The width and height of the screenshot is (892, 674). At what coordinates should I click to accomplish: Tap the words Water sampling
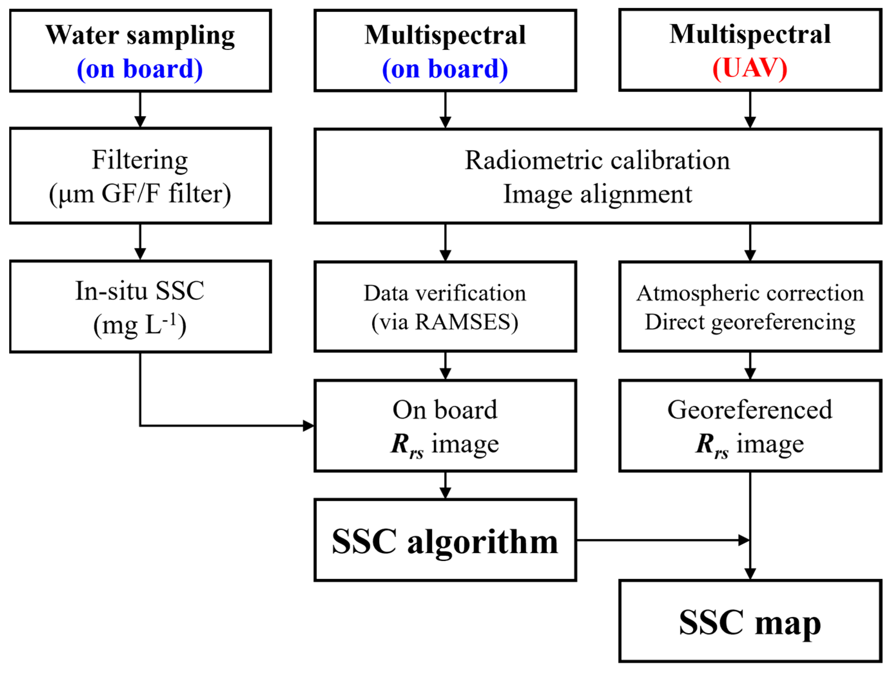tap(140, 35)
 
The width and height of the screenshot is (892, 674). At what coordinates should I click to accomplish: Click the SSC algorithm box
tap(445, 541)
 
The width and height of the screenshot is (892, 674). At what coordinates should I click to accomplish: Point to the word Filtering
tap(140, 160)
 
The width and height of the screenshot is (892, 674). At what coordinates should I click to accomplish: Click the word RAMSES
tap(464, 322)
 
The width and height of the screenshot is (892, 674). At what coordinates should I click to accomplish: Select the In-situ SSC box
tap(140, 307)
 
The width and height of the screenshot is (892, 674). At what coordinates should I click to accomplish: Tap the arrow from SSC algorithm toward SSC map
tap(661, 540)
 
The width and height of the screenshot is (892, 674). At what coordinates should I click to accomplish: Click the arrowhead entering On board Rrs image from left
tap(308, 426)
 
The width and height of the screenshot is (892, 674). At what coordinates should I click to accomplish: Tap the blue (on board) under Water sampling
tap(140, 69)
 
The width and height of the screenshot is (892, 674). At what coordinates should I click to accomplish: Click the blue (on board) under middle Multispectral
tap(445, 69)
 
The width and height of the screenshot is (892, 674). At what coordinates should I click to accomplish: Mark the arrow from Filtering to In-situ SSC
tap(140, 242)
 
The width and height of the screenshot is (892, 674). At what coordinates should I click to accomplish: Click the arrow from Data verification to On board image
tap(445, 366)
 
